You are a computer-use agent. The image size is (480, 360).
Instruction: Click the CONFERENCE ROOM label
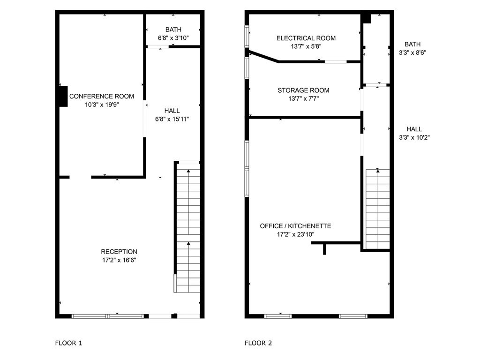[102, 96]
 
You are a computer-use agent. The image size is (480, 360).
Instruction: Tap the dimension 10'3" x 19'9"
[102, 105]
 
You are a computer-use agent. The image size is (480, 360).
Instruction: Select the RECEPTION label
[119, 252]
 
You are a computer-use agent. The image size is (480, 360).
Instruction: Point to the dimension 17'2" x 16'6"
[119, 260]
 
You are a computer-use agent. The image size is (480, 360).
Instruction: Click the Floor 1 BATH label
[173, 30]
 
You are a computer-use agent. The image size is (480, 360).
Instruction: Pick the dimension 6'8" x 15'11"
[172, 119]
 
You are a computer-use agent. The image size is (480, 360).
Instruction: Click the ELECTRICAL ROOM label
[306, 38]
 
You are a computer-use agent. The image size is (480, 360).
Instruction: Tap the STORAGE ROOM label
[303, 90]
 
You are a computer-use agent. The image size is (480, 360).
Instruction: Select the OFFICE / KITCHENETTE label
[295, 226]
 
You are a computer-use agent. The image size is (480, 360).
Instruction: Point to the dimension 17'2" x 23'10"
[296, 234]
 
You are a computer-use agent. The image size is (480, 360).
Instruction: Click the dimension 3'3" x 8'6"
[412, 52]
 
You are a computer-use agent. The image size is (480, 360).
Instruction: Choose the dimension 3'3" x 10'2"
[414, 137]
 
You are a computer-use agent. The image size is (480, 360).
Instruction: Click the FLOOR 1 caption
[68, 343]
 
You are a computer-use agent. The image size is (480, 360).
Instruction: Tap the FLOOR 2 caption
[258, 343]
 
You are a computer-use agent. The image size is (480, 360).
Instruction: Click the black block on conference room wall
[63, 97]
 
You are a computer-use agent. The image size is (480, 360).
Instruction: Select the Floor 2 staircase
[378, 209]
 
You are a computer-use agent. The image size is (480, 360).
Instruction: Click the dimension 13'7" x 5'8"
[306, 46]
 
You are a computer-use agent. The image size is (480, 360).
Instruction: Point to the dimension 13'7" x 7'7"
[304, 98]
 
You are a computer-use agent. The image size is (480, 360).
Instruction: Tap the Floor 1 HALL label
[172, 111]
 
